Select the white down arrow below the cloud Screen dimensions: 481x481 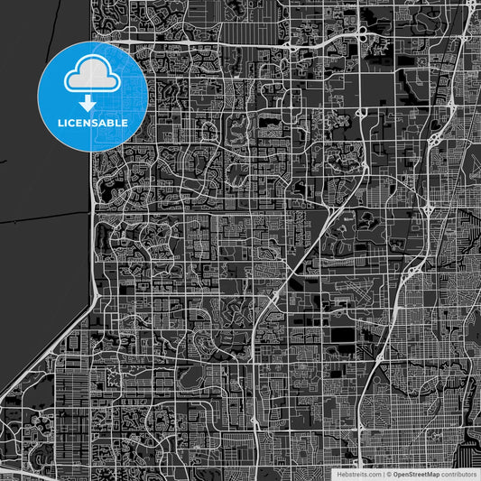tap(94, 103)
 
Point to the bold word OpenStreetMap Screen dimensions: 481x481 tap(416, 474)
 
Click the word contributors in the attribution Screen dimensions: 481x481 tap(458, 474)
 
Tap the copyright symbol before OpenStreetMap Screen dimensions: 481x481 tap(389, 474)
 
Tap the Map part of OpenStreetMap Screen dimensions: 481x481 tap(432, 474)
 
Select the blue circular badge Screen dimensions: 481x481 tap(94, 96)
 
